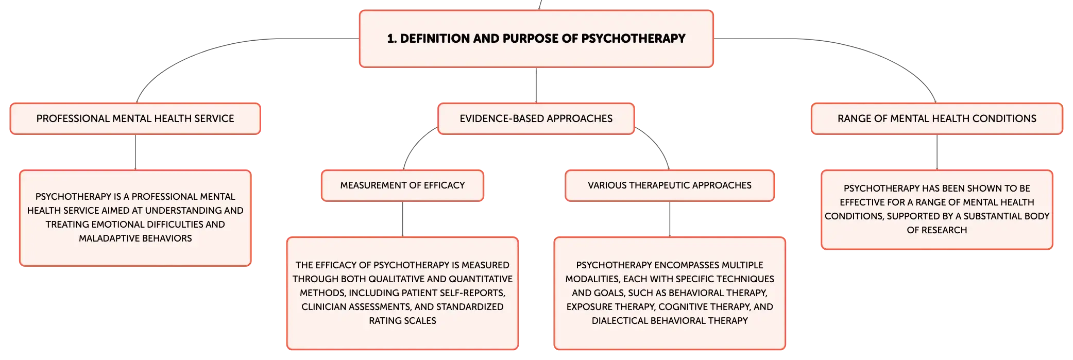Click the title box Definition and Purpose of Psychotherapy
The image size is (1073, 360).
(x=536, y=39)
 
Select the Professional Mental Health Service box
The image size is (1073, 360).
(x=135, y=118)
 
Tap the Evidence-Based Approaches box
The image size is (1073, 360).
(x=536, y=118)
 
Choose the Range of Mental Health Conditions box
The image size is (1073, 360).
(x=937, y=118)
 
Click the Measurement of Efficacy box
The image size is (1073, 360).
(x=402, y=185)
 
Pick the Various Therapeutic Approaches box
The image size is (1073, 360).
(x=670, y=185)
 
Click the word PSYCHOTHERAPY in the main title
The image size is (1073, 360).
(x=633, y=39)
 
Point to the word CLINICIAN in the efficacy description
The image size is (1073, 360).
(x=323, y=307)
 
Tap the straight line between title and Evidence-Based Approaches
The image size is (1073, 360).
(x=536, y=85)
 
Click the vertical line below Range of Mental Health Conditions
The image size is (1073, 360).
(x=937, y=152)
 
